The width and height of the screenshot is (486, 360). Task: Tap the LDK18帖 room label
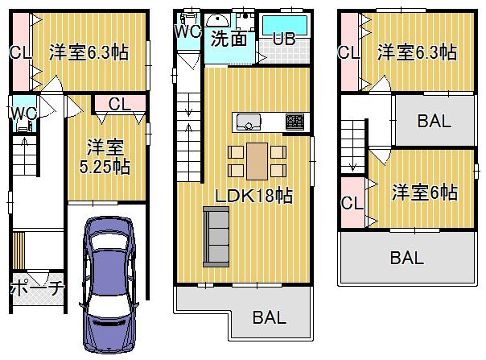coord(253,196)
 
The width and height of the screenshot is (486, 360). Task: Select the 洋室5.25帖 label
coord(105,157)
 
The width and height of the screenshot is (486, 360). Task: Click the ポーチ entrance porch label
coord(38,287)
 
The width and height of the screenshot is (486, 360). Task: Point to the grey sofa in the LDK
coord(216,237)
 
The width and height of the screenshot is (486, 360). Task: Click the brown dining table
coord(257,161)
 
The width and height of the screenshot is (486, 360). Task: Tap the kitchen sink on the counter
coord(249,122)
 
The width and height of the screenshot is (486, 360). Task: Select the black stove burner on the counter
coord(295,122)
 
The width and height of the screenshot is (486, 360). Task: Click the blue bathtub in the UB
coord(285,25)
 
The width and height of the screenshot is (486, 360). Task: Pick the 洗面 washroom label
coord(229,39)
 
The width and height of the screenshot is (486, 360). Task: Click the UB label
coord(284,39)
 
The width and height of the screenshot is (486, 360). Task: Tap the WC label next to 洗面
coord(187,31)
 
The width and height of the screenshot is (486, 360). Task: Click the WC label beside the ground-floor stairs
coord(24,114)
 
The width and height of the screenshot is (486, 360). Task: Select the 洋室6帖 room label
coord(425,192)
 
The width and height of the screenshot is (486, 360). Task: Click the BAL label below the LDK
coord(269,317)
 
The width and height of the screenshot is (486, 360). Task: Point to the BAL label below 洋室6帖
coord(406,258)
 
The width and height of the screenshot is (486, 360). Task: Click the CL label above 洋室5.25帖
coord(120,104)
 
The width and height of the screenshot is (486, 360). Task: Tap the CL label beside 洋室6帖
coord(352,203)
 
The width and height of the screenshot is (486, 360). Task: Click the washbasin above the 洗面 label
coord(218,20)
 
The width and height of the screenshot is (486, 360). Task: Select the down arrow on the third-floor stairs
coord(352,165)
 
